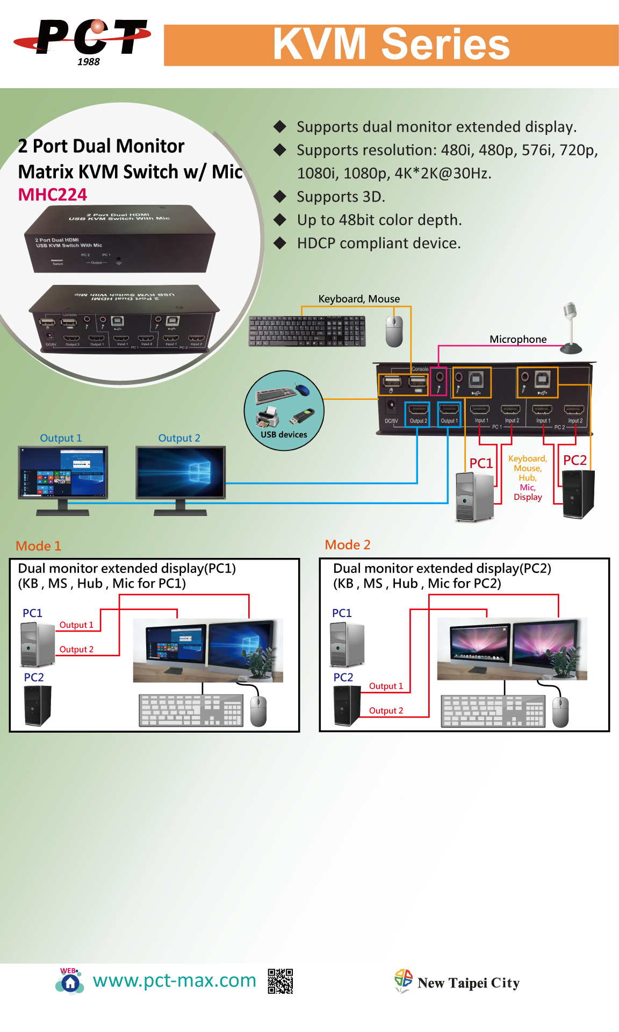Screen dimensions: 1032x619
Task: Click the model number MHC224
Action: tap(53, 195)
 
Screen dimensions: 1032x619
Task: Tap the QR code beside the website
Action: tap(280, 981)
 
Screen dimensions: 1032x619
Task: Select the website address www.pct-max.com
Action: tap(174, 980)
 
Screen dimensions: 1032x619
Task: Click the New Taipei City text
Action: tap(468, 983)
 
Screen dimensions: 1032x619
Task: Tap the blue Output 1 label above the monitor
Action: tap(61, 438)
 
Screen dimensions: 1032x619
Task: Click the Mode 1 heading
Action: tap(39, 546)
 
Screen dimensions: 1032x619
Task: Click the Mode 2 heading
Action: tap(348, 545)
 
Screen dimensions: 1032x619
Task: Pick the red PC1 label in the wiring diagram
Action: tap(481, 463)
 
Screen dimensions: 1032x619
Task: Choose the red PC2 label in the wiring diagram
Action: tap(575, 460)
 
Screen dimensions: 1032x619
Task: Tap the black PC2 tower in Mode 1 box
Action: tap(37, 706)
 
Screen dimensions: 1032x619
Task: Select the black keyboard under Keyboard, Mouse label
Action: tap(307, 331)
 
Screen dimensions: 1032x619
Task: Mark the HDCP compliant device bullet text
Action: tap(379, 243)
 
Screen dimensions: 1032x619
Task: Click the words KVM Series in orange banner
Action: tap(391, 45)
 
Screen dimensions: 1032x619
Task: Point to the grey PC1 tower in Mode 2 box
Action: tap(347, 644)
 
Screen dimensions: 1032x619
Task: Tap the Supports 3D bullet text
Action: tap(341, 197)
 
